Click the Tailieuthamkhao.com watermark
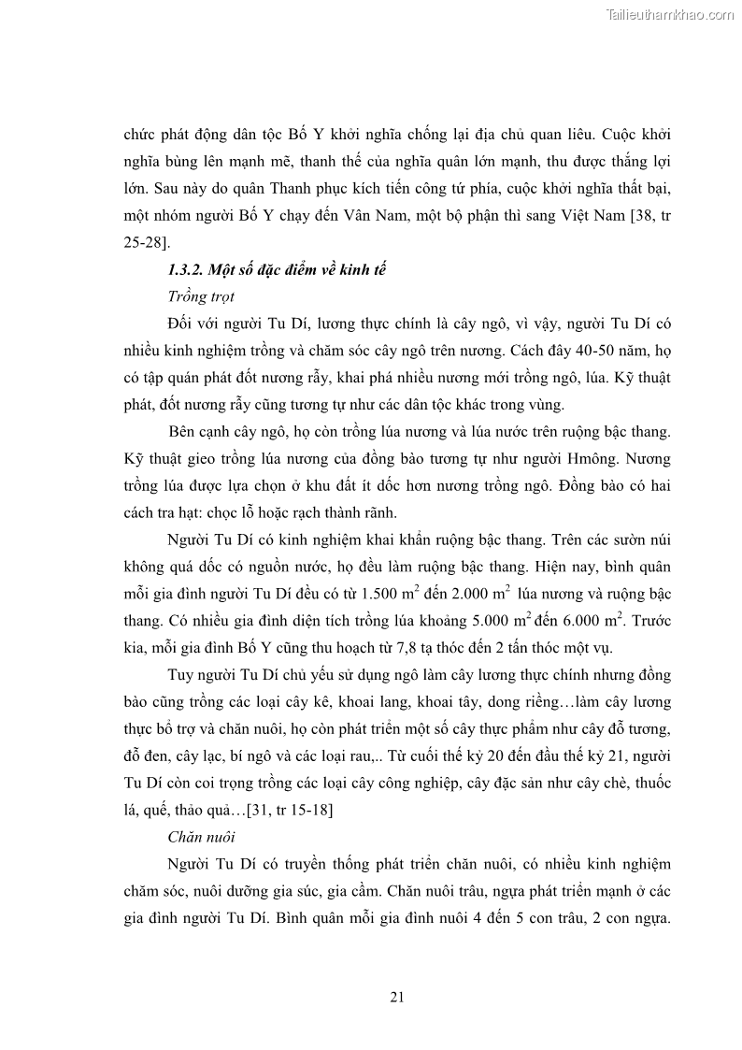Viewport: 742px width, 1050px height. pyautogui.click(x=670, y=15)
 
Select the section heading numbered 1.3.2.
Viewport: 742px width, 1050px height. pyautogui.click(x=277, y=271)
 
